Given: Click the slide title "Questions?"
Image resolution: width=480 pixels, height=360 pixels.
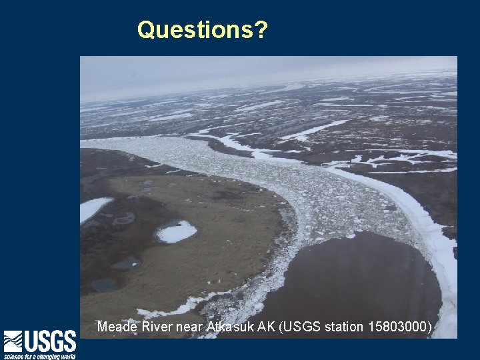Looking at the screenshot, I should [x=202, y=30].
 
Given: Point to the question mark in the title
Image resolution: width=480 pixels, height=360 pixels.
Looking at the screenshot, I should [x=261, y=30].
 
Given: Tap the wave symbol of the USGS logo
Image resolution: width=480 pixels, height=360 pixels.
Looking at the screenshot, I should [x=13, y=342].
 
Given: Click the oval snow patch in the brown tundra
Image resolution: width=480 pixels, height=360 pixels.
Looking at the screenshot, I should [x=176, y=232].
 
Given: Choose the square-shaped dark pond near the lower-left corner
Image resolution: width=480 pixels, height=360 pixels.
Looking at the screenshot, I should [x=103, y=285].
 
